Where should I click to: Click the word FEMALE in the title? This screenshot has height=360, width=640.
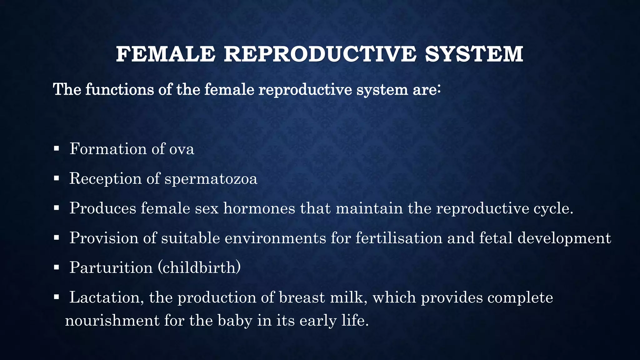pyautogui.click(x=166, y=54)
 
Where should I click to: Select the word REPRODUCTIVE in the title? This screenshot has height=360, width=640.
pyautogui.click(x=320, y=54)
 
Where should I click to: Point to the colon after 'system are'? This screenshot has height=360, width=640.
pyautogui.click(x=439, y=89)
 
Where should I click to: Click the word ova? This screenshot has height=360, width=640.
pyautogui.click(x=182, y=149)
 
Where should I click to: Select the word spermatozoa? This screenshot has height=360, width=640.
pyautogui.click(x=211, y=179)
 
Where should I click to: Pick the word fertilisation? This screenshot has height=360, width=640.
pyautogui.click(x=399, y=238)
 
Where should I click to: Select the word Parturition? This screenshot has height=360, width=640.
pyautogui.click(x=111, y=268)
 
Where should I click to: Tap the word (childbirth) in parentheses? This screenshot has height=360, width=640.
pyautogui.click(x=199, y=268)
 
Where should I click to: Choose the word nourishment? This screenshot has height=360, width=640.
pyautogui.click(x=112, y=321)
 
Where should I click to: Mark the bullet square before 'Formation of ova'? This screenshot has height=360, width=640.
pyautogui.click(x=56, y=148)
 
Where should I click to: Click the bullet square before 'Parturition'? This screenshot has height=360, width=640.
pyautogui.click(x=56, y=267)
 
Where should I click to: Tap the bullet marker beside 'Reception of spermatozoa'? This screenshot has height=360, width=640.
pyautogui.click(x=56, y=178)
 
